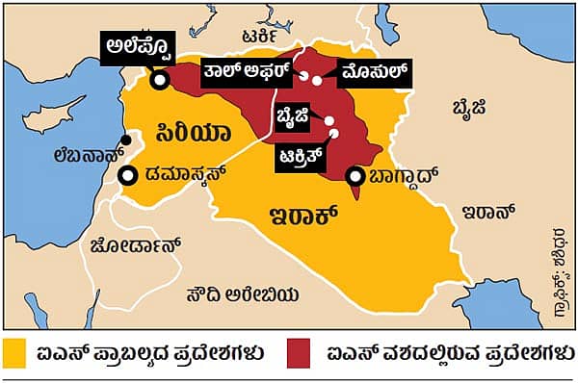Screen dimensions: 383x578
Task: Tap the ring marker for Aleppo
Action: [x=160, y=80]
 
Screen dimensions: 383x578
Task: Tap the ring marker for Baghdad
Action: [x=356, y=176]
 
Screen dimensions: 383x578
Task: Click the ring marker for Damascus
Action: [x=127, y=176]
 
